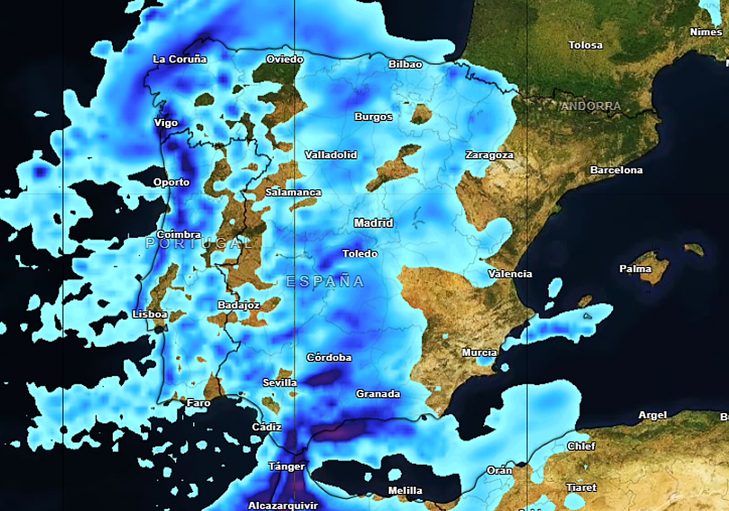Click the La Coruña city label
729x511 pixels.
180,59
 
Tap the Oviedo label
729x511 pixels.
284,59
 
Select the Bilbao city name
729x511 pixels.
405,64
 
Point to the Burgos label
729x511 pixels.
374,116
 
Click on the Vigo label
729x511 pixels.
166,123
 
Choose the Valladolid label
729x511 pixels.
330,155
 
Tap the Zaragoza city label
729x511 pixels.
489,155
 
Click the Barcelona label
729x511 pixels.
616,170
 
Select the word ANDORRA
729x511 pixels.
590,106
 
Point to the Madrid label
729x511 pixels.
374,223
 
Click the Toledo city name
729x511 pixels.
360,254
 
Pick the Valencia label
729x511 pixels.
510,274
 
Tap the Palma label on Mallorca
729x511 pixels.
635,269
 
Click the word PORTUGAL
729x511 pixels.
199,243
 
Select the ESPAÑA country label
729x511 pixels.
325,281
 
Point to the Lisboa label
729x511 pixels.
149,314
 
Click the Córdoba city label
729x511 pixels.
329,357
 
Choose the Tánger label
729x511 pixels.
286,467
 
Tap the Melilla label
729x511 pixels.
405,490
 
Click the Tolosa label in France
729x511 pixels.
586,45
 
